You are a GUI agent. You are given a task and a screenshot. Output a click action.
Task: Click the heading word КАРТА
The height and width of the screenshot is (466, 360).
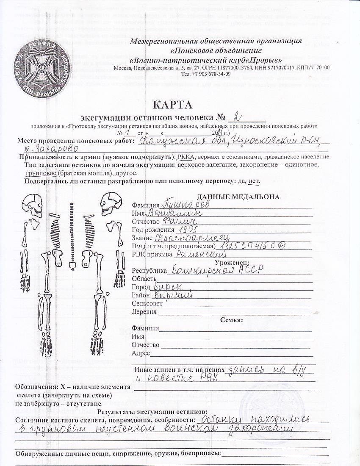(172, 105)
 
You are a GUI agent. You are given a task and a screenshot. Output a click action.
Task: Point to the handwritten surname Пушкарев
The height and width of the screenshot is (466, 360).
(187, 204)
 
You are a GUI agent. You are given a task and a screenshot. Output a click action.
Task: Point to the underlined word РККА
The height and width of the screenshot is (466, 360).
(185, 157)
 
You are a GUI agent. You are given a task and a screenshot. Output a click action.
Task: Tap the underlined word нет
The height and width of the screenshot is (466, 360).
(253, 181)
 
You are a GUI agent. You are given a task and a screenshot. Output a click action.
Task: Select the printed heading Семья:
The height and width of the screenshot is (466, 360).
(231, 320)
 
